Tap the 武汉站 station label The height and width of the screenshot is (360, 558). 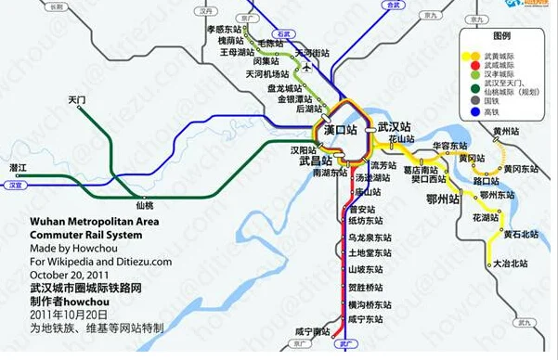click(x=395, y=127)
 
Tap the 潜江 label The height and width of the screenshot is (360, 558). click(x=19, y=167)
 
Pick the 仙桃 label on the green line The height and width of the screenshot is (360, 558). click(x=144, y=204)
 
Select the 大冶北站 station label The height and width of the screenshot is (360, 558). click(x=512, y=264)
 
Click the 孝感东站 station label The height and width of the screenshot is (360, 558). click(x=224, y=30)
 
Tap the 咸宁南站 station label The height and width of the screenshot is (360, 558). click(x=313, y=330)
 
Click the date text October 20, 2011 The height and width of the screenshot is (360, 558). click(x=69, y=274)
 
